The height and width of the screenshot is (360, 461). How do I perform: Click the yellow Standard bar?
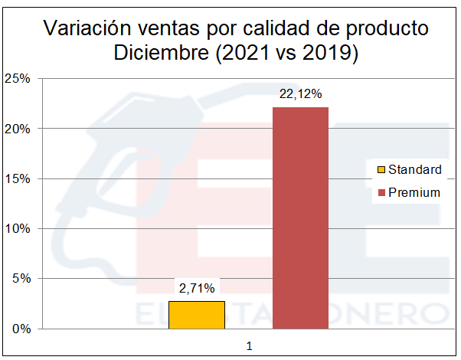coord(197,315)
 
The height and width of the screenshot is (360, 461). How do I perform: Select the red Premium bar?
coord(300,218)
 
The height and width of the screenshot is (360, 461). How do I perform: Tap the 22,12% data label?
coord(300,93)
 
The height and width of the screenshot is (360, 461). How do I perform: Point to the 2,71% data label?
coord(197,288)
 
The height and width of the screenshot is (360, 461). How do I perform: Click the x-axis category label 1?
coord(249,346)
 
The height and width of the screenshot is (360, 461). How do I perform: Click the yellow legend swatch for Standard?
coord(381,169)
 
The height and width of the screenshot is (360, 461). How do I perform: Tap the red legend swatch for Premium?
coord(381,192)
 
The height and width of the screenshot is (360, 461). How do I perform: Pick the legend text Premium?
coord(414,192)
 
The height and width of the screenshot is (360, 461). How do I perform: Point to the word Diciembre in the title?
coord(159,54)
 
